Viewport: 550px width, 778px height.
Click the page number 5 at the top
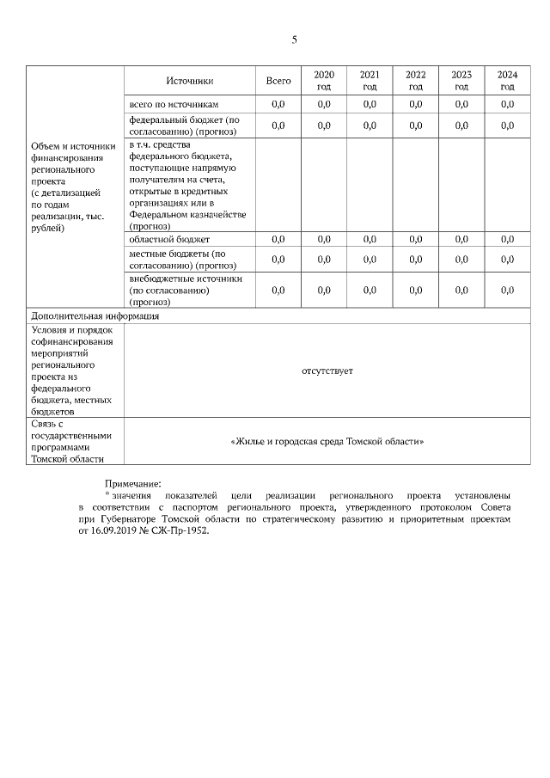tap(294, 40)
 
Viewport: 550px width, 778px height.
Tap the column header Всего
tap(278, 81)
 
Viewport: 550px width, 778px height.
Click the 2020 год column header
tap(324, 81)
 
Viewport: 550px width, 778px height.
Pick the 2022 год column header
tap(415, 81)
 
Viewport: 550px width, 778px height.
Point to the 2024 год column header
tap(507, 81)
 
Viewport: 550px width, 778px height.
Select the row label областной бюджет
tap(169, 239)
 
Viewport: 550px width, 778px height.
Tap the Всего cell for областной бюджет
tap(278, 239)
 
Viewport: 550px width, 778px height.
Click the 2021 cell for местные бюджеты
tap(370, 260)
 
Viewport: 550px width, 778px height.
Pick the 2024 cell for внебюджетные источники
tap(507, 291)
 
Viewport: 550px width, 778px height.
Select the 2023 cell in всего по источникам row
tap(461, 104)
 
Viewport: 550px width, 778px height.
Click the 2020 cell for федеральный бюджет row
tap(324, 126)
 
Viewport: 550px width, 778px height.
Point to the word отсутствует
tap(327, 371)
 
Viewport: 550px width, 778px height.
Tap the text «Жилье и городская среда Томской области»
tap(327, 441)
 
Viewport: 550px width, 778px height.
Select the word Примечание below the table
tap(132, 484)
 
